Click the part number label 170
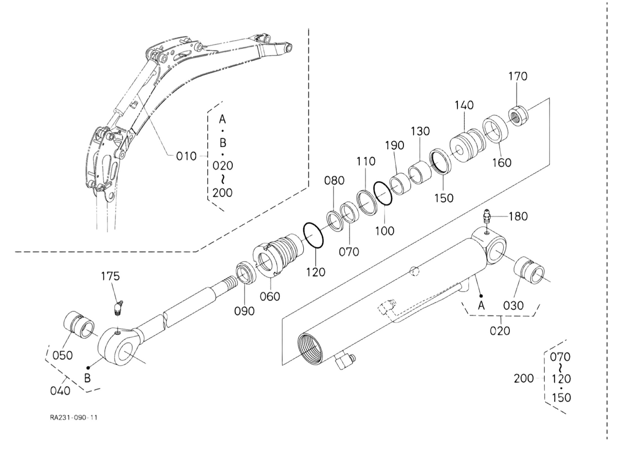[x=518, y=77]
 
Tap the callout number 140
[x=464, y=105]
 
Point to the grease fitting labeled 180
[x=487, y=217]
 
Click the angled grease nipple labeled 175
[x=119, y=308]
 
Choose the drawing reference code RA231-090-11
[x=74, y=418]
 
